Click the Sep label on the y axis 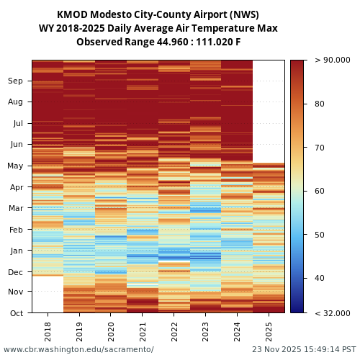[x=15, y=81]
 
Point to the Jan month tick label [x=16, y=251]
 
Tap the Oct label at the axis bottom [x=16, y=312]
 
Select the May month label [x=15, y=166]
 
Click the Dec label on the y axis [x=15, y=272]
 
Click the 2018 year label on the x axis [x=48, y=331]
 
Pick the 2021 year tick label [x=143, y=331]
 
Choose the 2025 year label [x=269, y=331]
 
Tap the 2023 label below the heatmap [x=206, y=331]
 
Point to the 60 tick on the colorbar [x=319, y=191]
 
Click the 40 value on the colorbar [x=319, y=278]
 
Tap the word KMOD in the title [x=73, y=14]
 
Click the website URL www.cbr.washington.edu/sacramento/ [x=78, y=349]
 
